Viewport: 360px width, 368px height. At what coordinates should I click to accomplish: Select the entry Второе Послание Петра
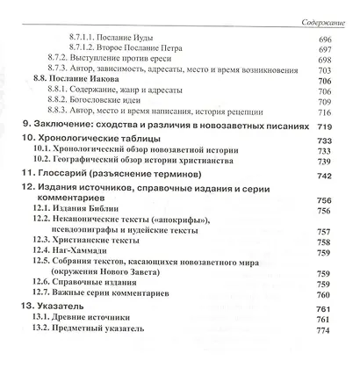(139, 54)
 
